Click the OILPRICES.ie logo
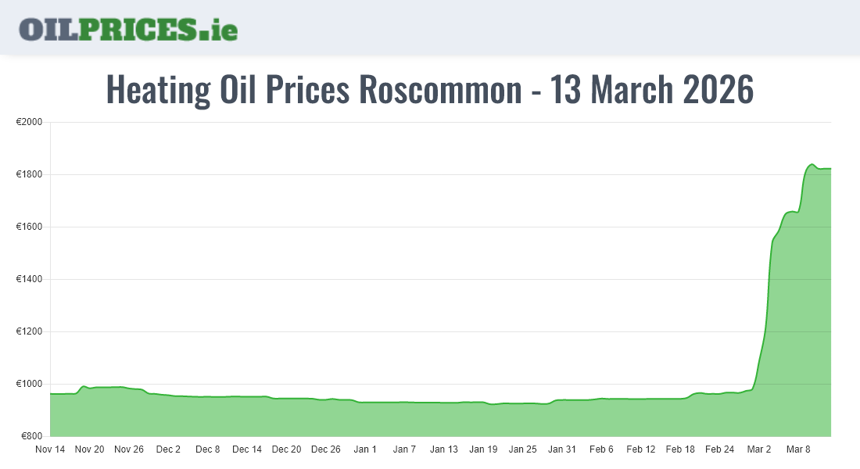coord(128,29)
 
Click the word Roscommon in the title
coord(440,90)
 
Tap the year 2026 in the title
coord(718,90)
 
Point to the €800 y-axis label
coord(30,436)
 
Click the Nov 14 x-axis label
coord(51,449)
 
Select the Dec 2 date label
coord(168,449)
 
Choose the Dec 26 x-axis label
coord(325,449)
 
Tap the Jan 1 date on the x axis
coord(365,449)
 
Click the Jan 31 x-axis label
coord(561,449)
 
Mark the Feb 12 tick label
coord(641,449)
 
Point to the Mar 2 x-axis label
coord(758,449)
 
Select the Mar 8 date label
coord(798,449)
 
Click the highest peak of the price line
coord(812,164)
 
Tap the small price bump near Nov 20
coord(84,386)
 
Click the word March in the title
coord(632,90)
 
